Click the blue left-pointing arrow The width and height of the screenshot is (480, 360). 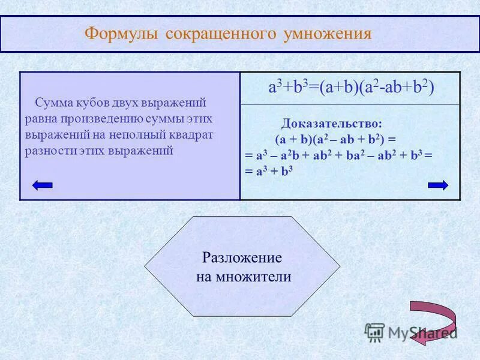[43, 185]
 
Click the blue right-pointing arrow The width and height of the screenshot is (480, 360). [438, 185]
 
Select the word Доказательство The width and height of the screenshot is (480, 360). [331, 124]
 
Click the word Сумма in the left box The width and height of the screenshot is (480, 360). [53, 103]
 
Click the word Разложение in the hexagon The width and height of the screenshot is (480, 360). [242, 258]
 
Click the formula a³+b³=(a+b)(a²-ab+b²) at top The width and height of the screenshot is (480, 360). [350, 88]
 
